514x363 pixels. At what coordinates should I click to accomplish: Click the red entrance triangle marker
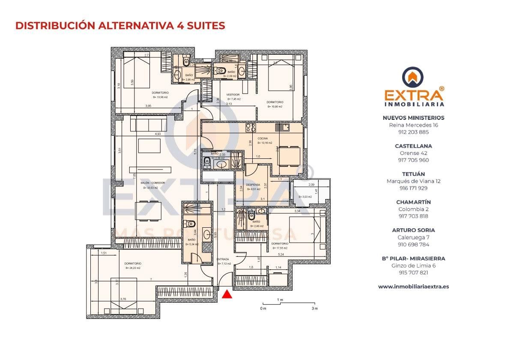click(227, 294)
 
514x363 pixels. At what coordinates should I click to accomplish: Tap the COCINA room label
click(263, 138)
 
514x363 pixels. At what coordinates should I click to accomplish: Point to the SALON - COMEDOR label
click(152, 183)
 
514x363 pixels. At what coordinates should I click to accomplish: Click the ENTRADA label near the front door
click(223, 259)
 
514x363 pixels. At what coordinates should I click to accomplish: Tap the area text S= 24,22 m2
click(133, 268)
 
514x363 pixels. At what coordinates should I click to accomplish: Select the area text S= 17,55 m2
click(279, 248)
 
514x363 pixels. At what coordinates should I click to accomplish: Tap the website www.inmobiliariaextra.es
click(413, 287)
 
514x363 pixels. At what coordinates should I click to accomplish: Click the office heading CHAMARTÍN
click(413, 202)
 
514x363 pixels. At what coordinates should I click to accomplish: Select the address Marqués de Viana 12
click(413, 181)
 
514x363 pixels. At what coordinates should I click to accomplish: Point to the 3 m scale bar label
click(314, 308)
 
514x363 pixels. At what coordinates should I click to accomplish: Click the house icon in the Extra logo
click(413, 77)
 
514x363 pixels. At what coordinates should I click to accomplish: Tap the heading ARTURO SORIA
click(413, 230)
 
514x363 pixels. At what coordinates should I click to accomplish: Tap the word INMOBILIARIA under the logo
click(413, 104)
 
